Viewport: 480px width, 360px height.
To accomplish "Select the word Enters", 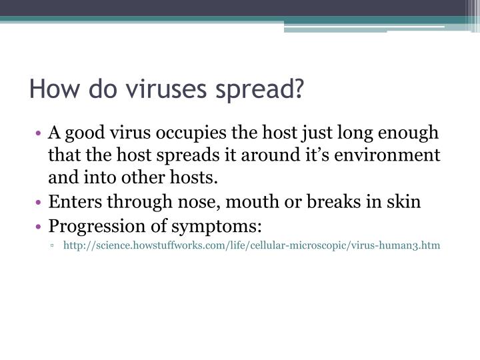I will tap(71, 202).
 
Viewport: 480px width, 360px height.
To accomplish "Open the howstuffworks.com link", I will tap(251, 245).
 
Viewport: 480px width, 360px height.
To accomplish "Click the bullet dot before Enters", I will tap(42, 203).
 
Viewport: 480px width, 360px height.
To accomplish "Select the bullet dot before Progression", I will tap(42, 226).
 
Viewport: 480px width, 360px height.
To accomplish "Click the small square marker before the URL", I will tap(52, 246).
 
